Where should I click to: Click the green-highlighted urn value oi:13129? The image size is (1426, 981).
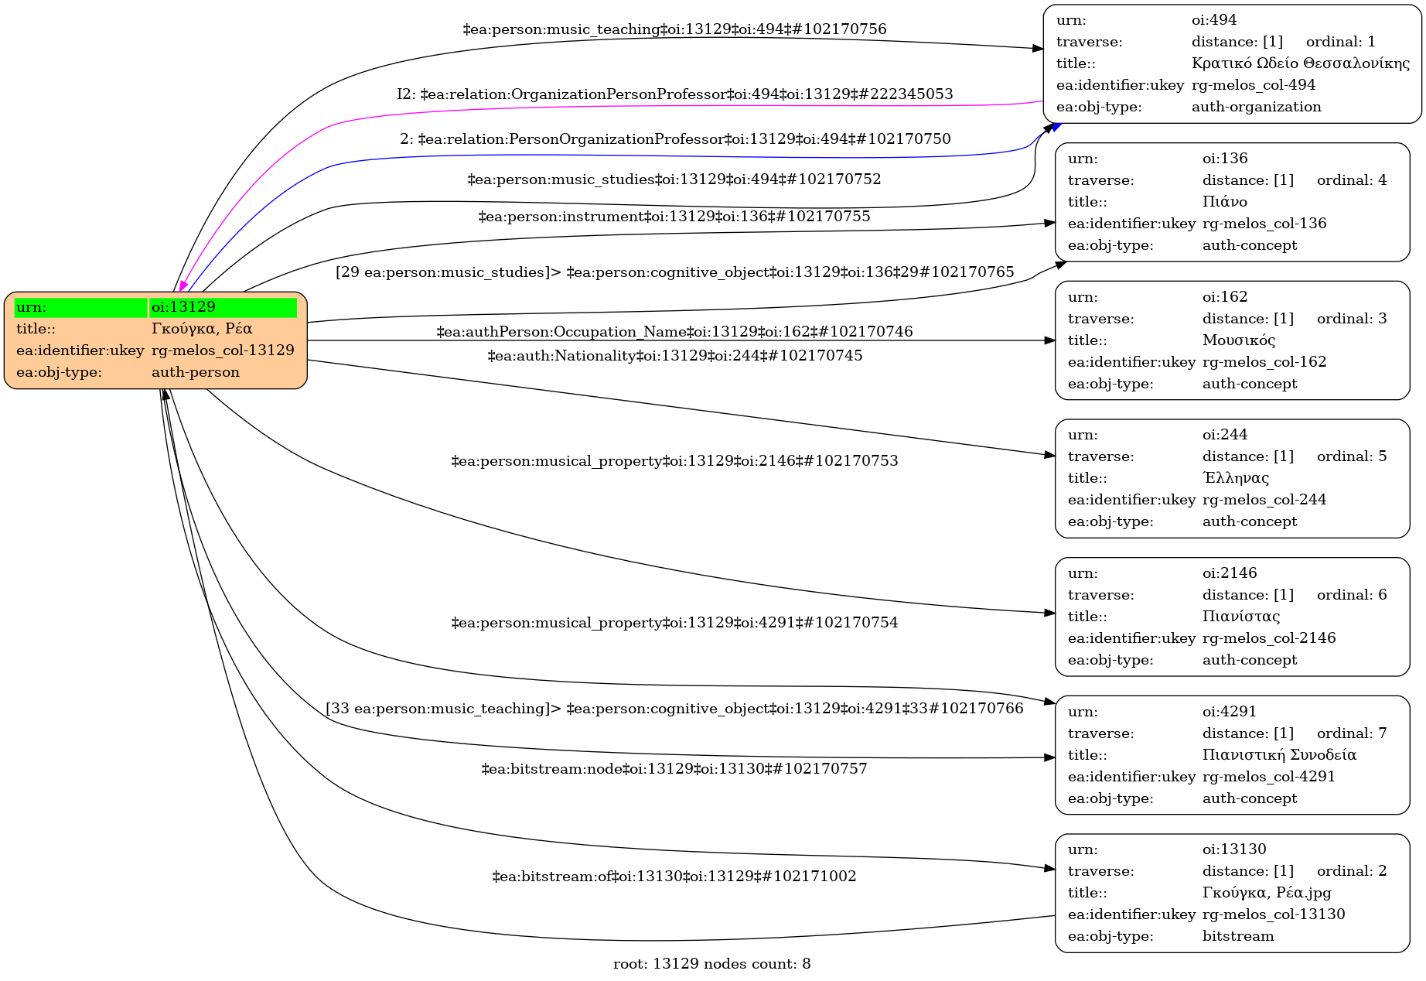click(x=183, y=307)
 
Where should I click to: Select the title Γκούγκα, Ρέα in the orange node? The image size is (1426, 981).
click(x=201, y=329)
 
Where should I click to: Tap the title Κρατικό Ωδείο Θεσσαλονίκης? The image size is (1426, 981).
click(x=1300, y=63)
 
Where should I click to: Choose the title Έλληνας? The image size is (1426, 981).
click(x=1235, y=478)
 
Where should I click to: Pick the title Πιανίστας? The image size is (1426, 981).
click(x=1240, y=617)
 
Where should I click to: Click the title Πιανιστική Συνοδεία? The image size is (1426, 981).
click(x=1279, y=755)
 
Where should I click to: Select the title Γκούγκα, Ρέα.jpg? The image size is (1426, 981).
click(x=1266, y=893)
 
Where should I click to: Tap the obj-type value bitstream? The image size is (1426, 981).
click(x=1237, y=936)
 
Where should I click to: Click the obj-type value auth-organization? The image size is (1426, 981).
click(x=1256, y=107)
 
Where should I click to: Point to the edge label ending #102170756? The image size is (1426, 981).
click(x=674, y=29)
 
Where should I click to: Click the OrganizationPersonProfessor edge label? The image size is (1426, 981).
click(x=674, y=94)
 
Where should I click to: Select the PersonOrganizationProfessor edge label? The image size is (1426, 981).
click(x=674, y=139)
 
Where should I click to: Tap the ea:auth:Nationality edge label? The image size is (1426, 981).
click(x=674, y=356)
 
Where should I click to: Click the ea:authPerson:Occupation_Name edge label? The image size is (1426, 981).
click(x=674, y=332)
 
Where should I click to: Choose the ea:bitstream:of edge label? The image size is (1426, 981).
click(x=674, y=877)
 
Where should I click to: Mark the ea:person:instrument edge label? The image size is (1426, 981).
click(x=674, y=217)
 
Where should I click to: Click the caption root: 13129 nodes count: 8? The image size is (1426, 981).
click(x=711, y=964)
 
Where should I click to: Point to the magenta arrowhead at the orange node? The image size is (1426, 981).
click(x=183, y=285)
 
